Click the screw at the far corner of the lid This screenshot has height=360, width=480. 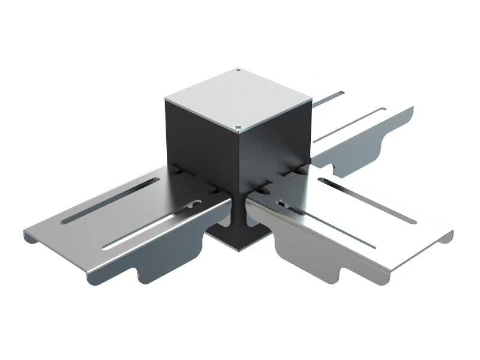[x=239, y=70]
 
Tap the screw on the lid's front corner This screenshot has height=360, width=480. [x=238, y=127]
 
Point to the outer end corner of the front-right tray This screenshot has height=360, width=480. [x=450, y=234]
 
